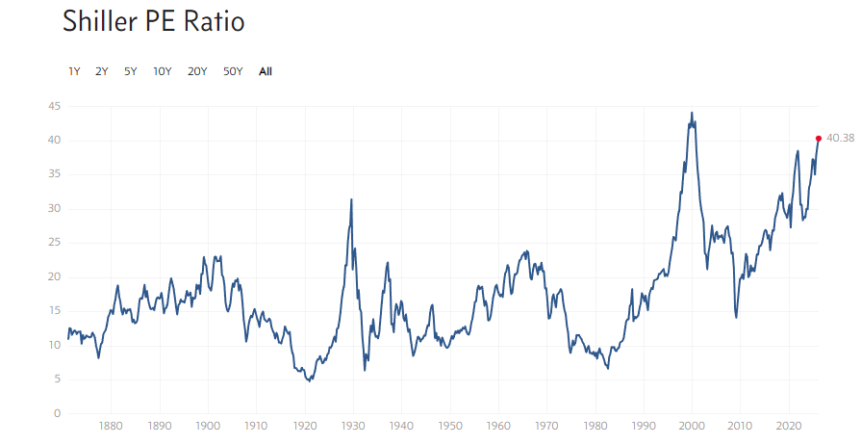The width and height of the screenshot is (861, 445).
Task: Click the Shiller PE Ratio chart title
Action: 153,22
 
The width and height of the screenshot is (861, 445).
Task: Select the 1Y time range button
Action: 74,71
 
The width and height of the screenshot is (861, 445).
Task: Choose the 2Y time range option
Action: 102,71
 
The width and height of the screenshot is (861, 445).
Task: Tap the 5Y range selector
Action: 131,71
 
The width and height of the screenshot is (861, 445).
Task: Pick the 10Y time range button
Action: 163,71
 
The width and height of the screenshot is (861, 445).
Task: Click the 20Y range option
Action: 197,71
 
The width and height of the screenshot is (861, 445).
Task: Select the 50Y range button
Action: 233,71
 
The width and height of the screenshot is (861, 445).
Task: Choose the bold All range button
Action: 266,71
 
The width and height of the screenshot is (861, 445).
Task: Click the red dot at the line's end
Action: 819,139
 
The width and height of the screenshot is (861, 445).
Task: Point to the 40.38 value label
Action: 840,139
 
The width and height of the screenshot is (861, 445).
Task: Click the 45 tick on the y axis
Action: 55,106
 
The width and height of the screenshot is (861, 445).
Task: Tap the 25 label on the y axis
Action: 55,243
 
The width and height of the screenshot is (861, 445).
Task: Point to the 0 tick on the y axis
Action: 58,413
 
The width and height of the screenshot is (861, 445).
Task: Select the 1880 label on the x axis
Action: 111,425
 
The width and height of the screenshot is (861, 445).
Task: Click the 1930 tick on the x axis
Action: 353,425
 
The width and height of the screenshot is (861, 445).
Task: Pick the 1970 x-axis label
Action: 546,425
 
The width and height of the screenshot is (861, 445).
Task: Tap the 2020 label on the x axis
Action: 789,425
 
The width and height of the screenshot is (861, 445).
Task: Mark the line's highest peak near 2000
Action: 692,113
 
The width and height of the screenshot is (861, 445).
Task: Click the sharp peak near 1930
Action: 351,199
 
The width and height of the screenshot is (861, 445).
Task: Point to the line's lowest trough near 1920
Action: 309,381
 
